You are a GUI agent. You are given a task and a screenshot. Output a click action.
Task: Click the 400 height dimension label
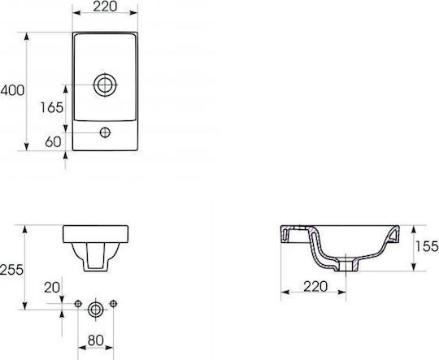[12, 90]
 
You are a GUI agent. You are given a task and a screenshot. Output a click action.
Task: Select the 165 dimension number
[52, 107]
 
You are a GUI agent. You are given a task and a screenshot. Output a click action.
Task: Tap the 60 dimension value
[53, 141]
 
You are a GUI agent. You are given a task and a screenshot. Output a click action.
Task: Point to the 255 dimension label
[11, 270]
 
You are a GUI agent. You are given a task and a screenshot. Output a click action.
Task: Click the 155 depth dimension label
[427, 246]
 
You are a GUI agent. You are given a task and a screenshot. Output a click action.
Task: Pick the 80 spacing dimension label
[96, 340]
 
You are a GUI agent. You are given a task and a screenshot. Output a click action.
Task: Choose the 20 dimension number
[52, 287]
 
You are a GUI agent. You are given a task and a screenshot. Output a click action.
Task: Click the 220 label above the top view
[105, 7]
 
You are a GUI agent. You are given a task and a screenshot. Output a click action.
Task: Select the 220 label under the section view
[315, 286]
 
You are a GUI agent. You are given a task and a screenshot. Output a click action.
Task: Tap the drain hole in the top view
[105, 85]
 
